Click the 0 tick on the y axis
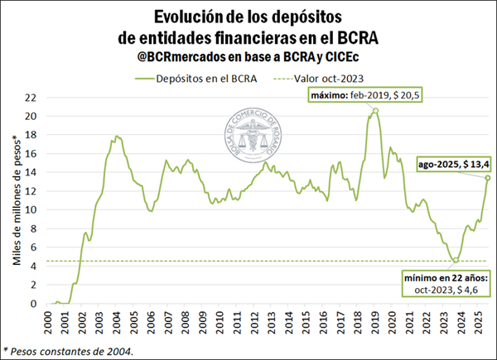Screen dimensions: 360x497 coord(32,303)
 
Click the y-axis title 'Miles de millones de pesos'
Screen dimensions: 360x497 coord(16,202)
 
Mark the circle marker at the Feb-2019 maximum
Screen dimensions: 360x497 coord(376,111)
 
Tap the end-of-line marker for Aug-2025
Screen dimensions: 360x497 coord(489,178)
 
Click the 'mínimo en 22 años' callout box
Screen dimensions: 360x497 coord(448,281)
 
